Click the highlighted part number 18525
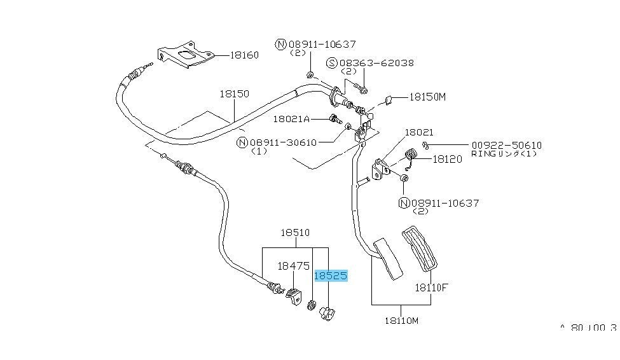click(331, 276)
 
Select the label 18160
click(244, 55)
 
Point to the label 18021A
click(291, 118)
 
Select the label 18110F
click(432, 287)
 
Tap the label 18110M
click(402, 321)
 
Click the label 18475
click(293, 267)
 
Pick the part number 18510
click(296, 233)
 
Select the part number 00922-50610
click(506, 145)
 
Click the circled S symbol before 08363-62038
click(331, 63)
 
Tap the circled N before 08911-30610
click(242, 142)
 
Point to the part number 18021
click(419, 132)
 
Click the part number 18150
click(235, 93)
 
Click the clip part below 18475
click(293, 296)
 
